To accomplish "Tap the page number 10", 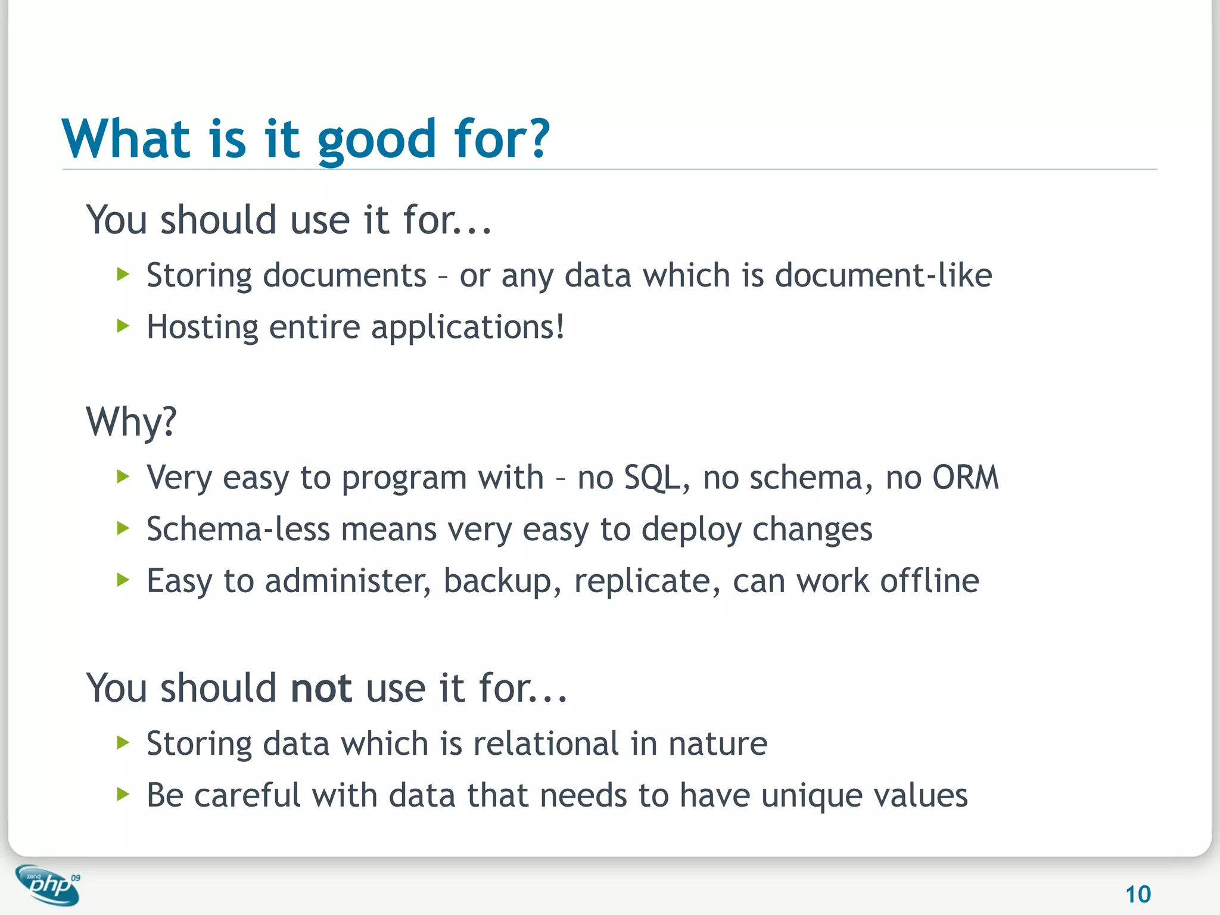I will (x=1138, y=894).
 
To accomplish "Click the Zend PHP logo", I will (x=48, y=885).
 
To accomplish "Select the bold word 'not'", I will (x=321, y=688).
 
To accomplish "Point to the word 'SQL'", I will (x=652, y=478).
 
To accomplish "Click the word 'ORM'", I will (x=965, y=478).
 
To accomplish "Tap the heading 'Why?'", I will (x=131, y=422).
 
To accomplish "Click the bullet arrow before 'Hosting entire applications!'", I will (x=123, y=326).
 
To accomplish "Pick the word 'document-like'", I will (x=883, y=275).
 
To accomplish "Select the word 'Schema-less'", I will (x=238, y=529).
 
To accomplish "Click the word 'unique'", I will (x=811, y=796).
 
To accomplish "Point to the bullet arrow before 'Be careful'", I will (x=123, y=794).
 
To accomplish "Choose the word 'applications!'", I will (x=468, y=328).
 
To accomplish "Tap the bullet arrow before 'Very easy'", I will (x=123, y=477).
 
